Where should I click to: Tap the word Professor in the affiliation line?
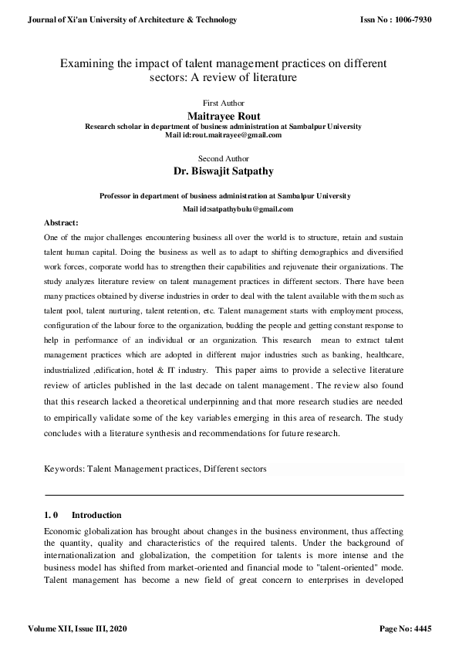point(117,196)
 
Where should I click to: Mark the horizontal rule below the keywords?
point(224,494)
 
